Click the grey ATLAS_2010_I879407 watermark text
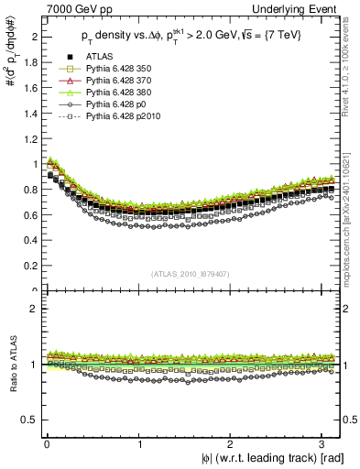point(191,274)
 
